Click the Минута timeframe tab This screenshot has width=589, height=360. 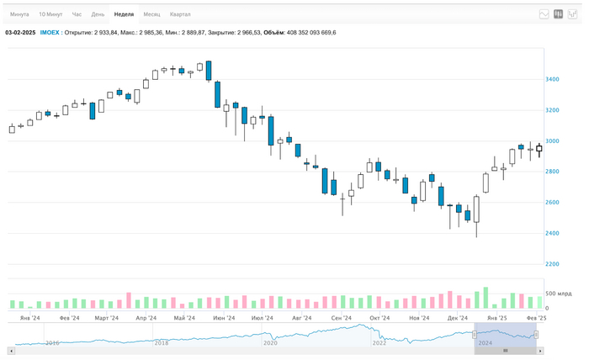(x=19, y=14)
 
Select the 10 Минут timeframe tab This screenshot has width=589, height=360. (x=50, y=14)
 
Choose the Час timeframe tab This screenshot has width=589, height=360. (x=77, y=14)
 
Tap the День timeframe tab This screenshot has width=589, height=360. (x=98, y=14)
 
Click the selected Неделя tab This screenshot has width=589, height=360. (x=124, y=14)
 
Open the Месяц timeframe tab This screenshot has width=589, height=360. (x=151, y=14)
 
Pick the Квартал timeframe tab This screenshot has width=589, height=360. (x=180, y=14)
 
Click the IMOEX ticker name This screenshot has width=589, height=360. (x=50, y=32)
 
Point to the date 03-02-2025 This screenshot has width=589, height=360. (x=20, y=32)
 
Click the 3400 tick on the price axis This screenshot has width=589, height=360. (x=552, y=80)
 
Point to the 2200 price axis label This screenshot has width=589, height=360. (x=552, y=264)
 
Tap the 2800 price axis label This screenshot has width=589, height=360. (x=552, y=172)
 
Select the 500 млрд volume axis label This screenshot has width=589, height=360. (x=559, y=294)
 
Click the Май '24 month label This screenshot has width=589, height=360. (x=184, y=319)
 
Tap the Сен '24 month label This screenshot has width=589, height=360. (x=342, y=319)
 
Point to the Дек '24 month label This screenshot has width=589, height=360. (x=458, y=319)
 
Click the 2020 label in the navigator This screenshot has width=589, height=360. (x=270, y=343)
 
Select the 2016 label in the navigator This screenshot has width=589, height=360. (x=52, y=343)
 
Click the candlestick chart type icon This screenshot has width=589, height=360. (x=558, y=14)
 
